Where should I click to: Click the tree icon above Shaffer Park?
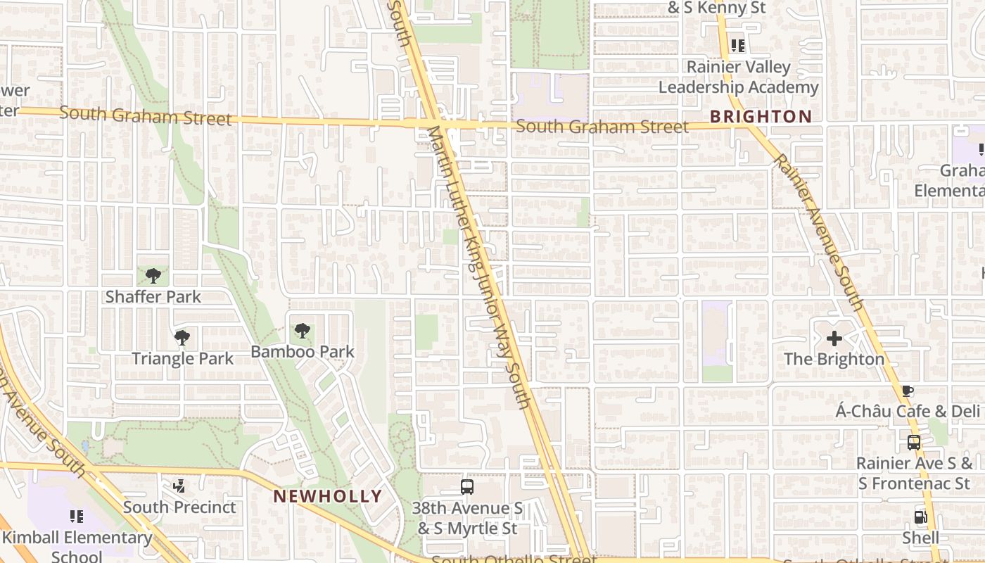point(153,276)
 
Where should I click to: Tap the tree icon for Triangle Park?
point(182,338)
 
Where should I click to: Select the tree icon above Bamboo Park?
point(302,330)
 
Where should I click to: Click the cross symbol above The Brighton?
point(834,339)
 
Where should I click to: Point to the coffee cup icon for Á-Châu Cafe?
point(908,391)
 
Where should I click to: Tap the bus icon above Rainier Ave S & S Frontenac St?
point(913,443)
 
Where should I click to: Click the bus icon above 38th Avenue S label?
point(466,486)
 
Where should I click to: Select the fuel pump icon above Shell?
point(920,517)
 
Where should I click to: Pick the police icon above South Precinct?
point(179,486)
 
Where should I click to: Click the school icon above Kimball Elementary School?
point(77,517)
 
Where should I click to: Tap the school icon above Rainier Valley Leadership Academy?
point(737,46)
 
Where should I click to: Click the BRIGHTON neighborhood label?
point(761,117)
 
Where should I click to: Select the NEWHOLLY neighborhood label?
point(327,496)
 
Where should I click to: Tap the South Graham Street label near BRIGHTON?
point(602,127)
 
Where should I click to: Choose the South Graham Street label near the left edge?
point(145,115)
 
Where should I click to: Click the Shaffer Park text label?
point(153,297)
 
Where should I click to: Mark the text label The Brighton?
point(834,359)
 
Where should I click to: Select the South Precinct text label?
point(179,507)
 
